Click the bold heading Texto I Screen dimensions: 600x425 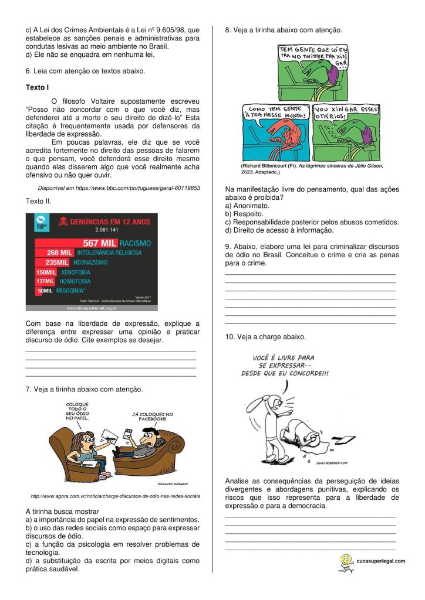click(x=37, y=87)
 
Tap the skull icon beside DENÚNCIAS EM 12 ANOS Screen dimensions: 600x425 click(x=60, y=222)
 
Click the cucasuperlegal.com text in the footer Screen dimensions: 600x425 click(x=380, y=561)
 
